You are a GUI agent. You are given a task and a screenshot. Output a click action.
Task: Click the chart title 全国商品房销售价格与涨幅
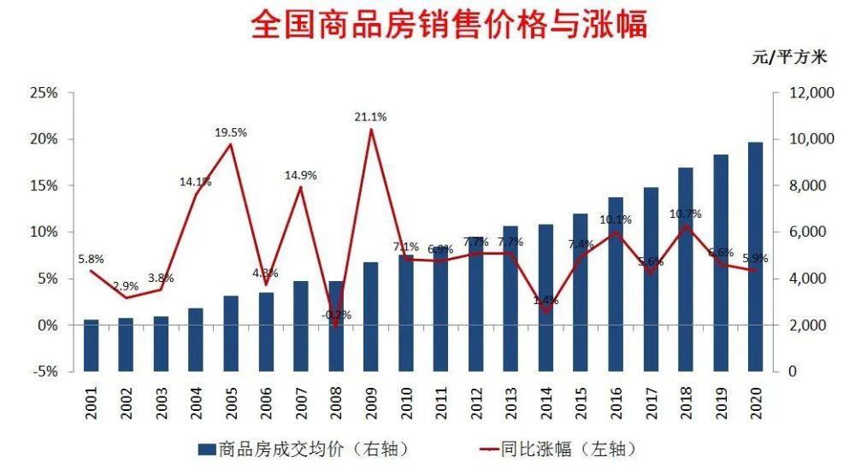point(449,25)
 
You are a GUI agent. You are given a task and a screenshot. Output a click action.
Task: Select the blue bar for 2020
point(755,256)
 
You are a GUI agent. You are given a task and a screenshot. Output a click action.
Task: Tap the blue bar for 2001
point(91,346)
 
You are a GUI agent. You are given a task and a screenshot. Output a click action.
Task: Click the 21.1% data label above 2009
point(370,117)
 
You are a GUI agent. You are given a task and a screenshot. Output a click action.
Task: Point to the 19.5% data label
point(231,132)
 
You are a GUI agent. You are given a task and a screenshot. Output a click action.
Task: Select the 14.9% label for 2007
point(301,175)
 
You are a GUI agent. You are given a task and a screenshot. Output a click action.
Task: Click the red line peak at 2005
point(231,144)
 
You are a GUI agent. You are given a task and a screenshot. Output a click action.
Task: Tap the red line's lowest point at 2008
point(336,325)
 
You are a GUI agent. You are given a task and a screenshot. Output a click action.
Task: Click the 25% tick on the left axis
point(44,93)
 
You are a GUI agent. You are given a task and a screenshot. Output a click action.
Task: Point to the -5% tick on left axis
point(44,372)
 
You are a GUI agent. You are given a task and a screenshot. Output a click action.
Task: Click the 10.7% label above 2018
point(686,214)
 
